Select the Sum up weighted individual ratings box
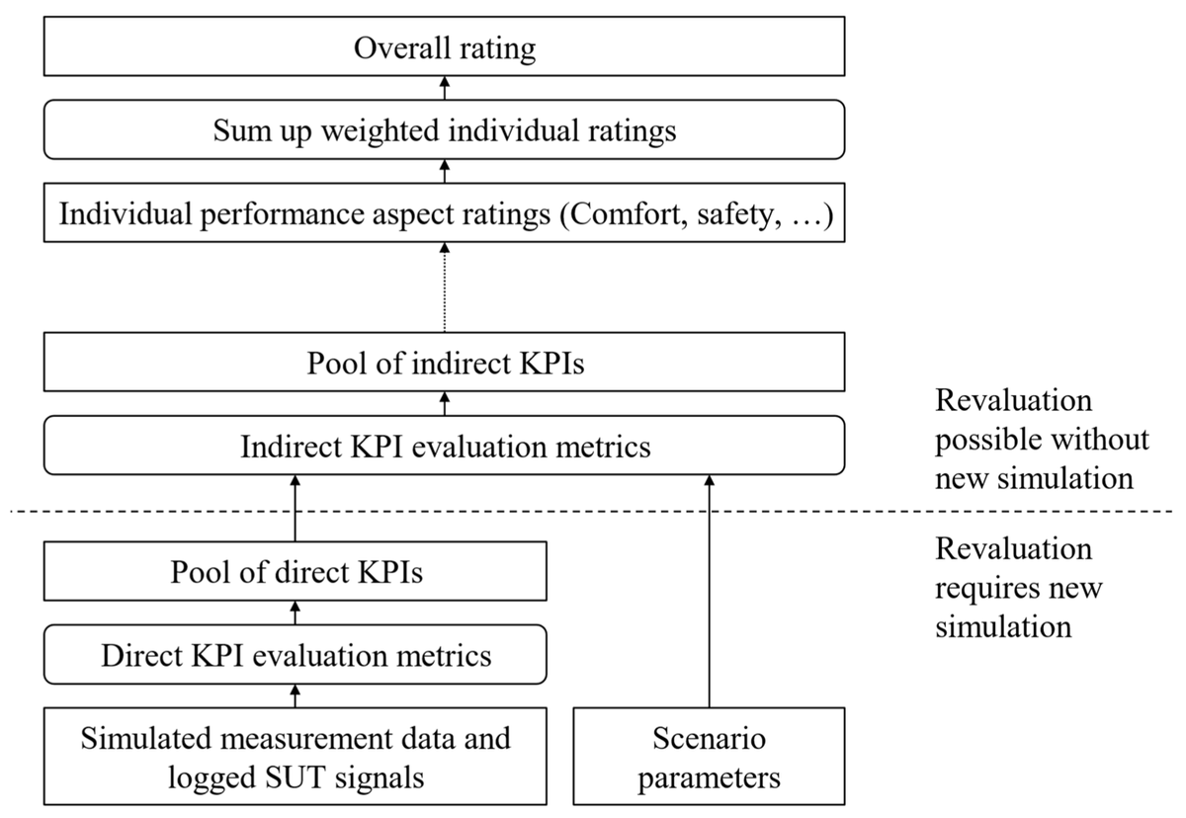pyautogui.click(x=444, y=130)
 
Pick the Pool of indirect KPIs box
pyautogui.click(x=444, y=364)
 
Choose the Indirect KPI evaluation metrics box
pyautogui.click(x=444, y=446)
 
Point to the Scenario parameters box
pyautogui.click(x=709, y=757)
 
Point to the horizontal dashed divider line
pyautogui.click(x=593, y=511)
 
